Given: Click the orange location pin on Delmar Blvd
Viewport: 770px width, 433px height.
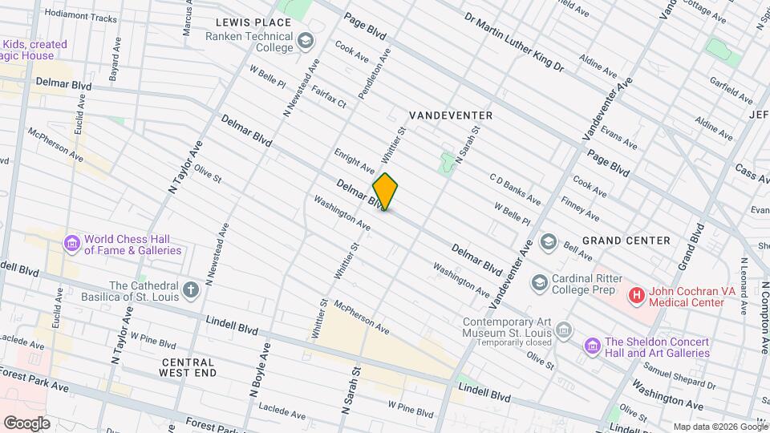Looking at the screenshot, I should point(385,191).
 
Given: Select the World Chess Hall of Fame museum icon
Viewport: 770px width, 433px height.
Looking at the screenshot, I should point(71,243).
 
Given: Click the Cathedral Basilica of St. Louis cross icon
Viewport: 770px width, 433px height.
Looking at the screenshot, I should point(191,289).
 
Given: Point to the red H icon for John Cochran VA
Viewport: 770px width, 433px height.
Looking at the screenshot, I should point(637,296).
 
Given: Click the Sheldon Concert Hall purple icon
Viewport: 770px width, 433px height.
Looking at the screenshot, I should point(593,346).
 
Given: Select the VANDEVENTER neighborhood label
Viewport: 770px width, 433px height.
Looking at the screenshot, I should point(451,115).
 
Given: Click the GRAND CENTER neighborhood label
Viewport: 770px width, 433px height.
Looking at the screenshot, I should point(626,241).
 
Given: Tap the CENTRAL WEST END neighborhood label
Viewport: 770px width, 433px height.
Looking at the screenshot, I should point(187,367).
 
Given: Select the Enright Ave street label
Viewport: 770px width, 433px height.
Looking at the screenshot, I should point(354,160).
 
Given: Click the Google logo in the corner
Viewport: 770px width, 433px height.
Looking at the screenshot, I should point(26,423).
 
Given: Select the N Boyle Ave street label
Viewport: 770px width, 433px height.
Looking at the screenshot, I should point(259,369).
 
